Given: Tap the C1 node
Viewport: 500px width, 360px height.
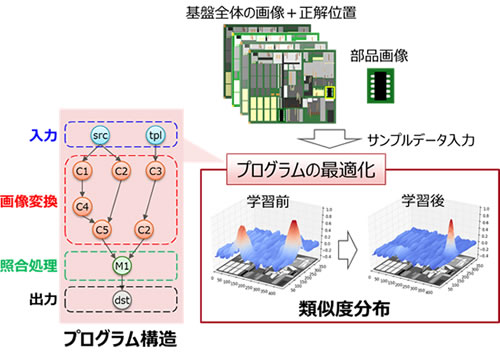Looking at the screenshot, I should tap(83, 171).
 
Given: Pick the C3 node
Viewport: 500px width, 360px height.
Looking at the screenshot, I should tap(156, 171).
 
